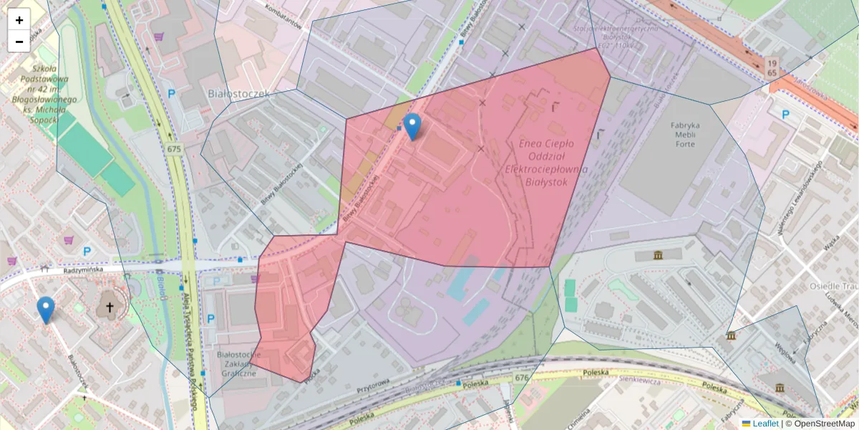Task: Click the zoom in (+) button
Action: pyautogui.click(x=19, y=20)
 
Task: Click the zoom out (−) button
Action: pyautogui.click(x=19, y=42)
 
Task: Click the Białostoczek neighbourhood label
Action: pyautogui.click(x=237, y=94)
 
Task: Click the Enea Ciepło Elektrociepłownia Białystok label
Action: pyautogui.click(x=536, y=163)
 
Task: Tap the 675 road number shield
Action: pyautogui.click(x=174, y=149)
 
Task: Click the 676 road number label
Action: pyautogui.click(x=521, y=378)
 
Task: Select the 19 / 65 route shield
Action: pyautogui.click(x=771, y=67)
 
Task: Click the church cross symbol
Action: pyautogui.click(x=110, y=307)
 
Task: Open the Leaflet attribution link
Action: pyautogui.click(x=765, y=424)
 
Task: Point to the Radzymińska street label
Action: pyautogui.click(x=83, y=269)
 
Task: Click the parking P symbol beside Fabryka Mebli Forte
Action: pyautogui.click(x=785, y=114)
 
